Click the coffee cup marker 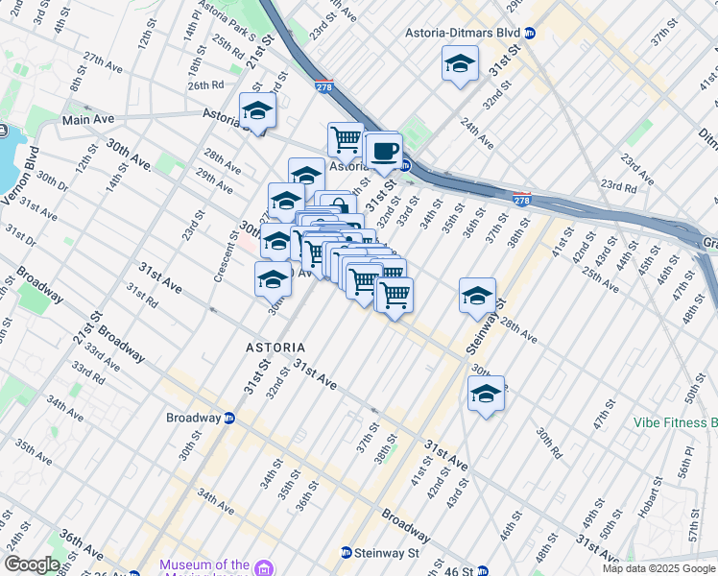pos(384,151)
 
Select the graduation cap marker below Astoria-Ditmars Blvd pos(461,64)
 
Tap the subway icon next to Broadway pos(229,419)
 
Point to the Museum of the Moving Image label pos(205,565)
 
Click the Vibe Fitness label pos(675,422)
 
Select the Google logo pos(32,564)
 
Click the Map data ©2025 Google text pos(658,568)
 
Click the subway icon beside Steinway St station pos(347,553)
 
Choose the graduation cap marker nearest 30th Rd pos(487,394)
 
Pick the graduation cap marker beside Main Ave pos(257,110)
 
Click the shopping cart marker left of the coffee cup pos(346,139)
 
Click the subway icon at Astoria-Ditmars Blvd pos(530,33)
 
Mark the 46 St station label pos(460,571)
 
